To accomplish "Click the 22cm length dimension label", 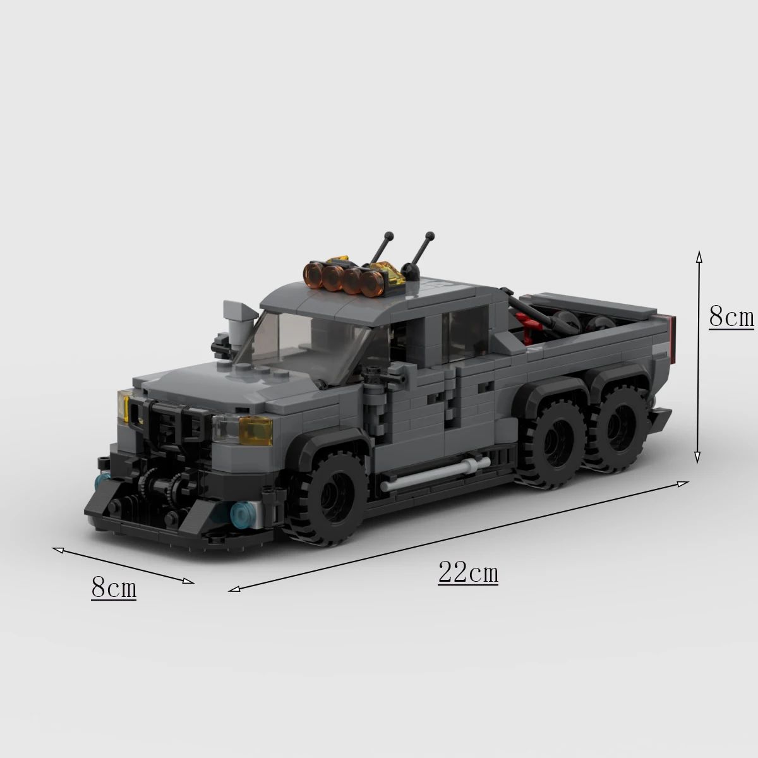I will pyautogui.click(x=468, y=573).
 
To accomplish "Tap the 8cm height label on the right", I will pyautogui.click(x=731, y=316).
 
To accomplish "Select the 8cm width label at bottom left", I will pyautogui.click(x=114, y=587).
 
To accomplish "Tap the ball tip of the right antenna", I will pyautogui.click(x=430, y=236).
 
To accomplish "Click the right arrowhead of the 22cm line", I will pyautogui.click(x=685, y=483).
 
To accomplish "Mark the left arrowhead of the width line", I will pyautogui.click(x=56, y=550).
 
